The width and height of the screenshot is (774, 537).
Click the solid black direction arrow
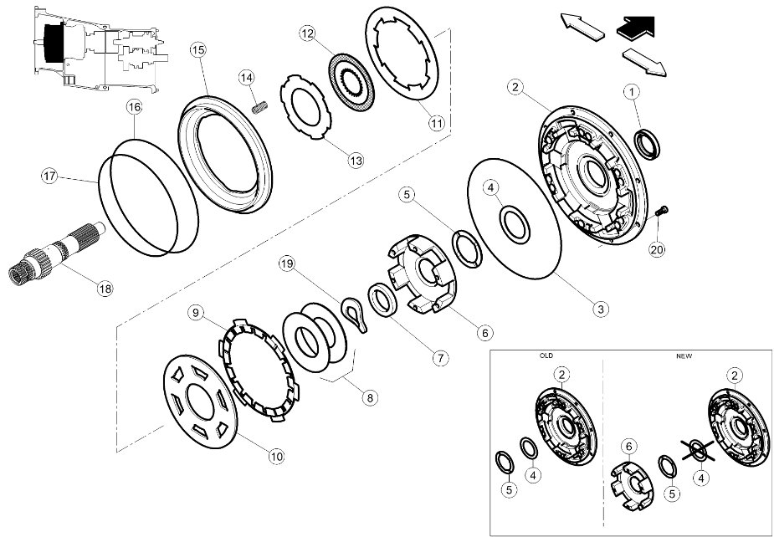point(638,28)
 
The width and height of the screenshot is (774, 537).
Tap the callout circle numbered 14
point(247,78)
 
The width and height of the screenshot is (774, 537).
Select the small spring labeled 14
point(259,106)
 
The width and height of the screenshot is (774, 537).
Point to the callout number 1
point(632,92)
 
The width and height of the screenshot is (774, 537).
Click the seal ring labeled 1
point(647,144)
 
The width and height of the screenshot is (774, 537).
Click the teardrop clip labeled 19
point(355,315)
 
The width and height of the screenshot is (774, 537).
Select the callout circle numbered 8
point(370,397)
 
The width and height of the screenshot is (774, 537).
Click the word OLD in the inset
point(546,355)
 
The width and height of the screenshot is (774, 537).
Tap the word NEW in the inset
point(684,355)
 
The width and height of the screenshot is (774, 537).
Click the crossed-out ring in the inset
point(698,450)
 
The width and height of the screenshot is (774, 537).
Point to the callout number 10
point(277,457)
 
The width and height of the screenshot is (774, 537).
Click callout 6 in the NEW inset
point(628,447)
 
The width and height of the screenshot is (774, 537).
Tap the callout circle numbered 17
point(49,176)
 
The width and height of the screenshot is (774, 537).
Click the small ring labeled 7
point(382,300)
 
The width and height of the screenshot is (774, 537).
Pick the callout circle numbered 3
point(600,309)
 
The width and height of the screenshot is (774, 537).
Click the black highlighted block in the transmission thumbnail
point(54,43)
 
